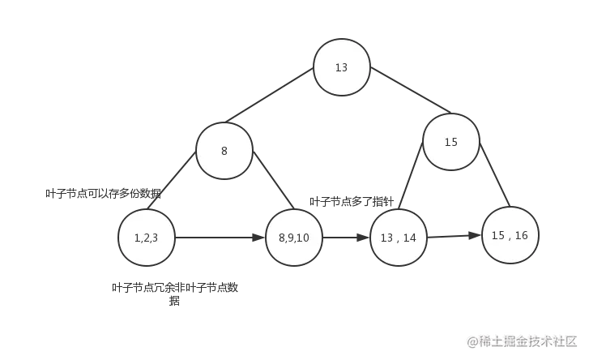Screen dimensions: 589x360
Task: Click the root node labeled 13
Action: (x=341, y=67)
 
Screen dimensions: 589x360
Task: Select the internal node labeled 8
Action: (x=224, y=151)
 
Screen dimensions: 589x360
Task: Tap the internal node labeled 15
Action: (x=450, y=142)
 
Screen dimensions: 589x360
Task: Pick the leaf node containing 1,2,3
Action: (x=146, y=238)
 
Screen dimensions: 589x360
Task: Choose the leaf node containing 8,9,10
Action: (x=294, y=238)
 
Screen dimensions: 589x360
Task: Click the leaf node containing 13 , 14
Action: (x=398, y=238)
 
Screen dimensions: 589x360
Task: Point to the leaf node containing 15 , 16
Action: (x=510, y=235)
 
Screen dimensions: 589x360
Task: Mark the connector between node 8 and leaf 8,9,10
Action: (x=271, y=182)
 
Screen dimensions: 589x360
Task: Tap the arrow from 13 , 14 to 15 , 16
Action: (x=453, y=237)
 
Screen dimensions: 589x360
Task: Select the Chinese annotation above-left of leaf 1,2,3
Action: (x=101, y=194)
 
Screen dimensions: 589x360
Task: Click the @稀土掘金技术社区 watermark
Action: (x=523, y=341)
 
